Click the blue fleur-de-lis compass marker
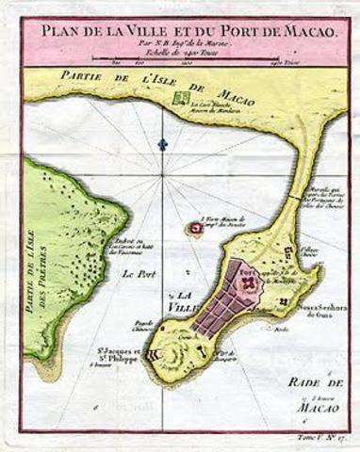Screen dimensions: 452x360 coord(163,143)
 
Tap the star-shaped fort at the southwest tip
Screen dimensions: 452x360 coord(156,355)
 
